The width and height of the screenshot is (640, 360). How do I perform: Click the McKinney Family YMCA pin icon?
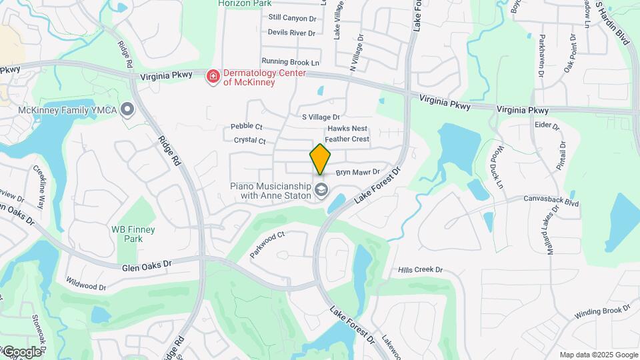click(127, 109)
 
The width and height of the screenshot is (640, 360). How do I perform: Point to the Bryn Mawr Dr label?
click(357, 172)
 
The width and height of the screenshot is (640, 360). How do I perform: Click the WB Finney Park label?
click(133, 234)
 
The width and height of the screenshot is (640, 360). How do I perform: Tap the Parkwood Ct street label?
click(267, 245)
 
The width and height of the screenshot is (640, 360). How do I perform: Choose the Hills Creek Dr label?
click(420, 270)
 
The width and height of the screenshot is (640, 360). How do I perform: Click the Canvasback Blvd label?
click(551, 198)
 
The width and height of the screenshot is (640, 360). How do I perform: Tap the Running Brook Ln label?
click(291, 61)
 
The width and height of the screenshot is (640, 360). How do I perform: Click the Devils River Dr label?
click(291, 33)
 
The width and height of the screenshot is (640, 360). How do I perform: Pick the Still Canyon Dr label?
click(292, 18)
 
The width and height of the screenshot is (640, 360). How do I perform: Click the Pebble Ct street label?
click(247, 127)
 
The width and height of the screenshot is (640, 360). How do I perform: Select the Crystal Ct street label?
click(250, 141)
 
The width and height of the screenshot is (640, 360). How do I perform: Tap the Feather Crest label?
click(347, 139)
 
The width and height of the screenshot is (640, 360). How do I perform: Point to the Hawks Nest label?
click(347, 128)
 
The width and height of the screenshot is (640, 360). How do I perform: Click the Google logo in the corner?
click(21, 351)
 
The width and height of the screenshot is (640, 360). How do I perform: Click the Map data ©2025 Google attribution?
click(598, 355)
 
